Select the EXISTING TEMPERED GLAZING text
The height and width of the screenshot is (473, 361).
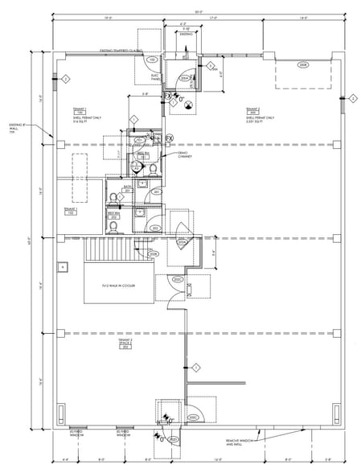[120, 50]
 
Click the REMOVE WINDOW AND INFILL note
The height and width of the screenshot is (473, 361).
[241, 442]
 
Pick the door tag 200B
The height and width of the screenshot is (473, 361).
[302, 64]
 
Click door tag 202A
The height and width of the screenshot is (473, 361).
[182, 241]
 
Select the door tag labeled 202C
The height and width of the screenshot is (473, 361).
[177, 279]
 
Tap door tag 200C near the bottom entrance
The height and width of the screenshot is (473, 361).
[192, 417]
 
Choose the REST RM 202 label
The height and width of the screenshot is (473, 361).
[113, 215]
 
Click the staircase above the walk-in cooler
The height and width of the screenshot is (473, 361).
[107, 250]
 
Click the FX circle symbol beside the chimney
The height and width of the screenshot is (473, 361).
[170, 138]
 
